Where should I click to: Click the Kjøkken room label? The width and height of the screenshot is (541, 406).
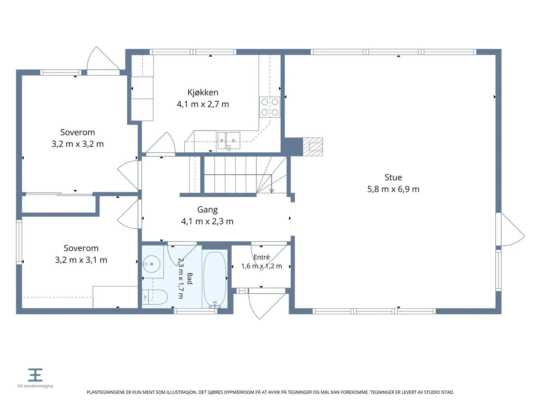click(x=203, y=92)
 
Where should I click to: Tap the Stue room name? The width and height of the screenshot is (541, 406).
click(x=393, y=177)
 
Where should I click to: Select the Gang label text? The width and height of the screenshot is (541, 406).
click(x=207, y=210)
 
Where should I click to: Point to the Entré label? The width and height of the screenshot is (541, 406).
click(x=261, y=257)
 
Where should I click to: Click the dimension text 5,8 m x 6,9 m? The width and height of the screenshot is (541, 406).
click(x=393, y=189)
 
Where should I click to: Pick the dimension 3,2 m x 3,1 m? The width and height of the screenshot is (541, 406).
click(x=81, y=260)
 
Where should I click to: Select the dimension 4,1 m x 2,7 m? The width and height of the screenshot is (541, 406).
click(x=203, y=104)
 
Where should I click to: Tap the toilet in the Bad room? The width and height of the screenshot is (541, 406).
click(x=155, y=297)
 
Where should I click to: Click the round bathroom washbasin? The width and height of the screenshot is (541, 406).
click(x=151, y=264)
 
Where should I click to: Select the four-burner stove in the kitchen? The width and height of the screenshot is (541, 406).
click(x=269, y=107)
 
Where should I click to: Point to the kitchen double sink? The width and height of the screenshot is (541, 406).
click(x=229, y=141)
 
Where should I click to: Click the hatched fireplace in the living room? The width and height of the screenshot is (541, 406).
click(x=312, y=147)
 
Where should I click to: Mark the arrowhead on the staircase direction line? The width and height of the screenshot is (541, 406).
click(x=272, y=191)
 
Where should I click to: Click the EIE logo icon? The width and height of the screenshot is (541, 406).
click(x=35, y=375)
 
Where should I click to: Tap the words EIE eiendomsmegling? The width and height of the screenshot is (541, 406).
click(x=35, y=386)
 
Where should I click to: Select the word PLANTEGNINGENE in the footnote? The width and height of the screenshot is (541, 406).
click(x=106, y=392)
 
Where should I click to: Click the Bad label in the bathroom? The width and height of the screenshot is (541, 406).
click(x=189, y=278)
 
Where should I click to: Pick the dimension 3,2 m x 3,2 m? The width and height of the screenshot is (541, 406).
click(x=77, y=144)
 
